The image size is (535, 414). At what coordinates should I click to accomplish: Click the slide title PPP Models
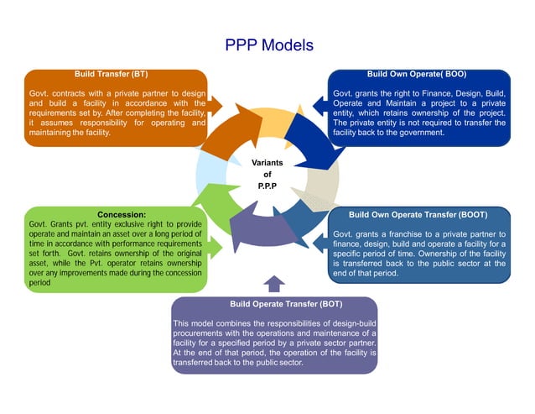[269, 44]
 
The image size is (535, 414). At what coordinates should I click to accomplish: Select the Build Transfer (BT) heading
[112, 74]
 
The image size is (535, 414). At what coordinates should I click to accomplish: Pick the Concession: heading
[122, 214]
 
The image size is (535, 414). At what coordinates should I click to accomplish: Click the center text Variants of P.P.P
[267, 175]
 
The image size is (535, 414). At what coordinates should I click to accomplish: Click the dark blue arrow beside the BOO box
[320, 105]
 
